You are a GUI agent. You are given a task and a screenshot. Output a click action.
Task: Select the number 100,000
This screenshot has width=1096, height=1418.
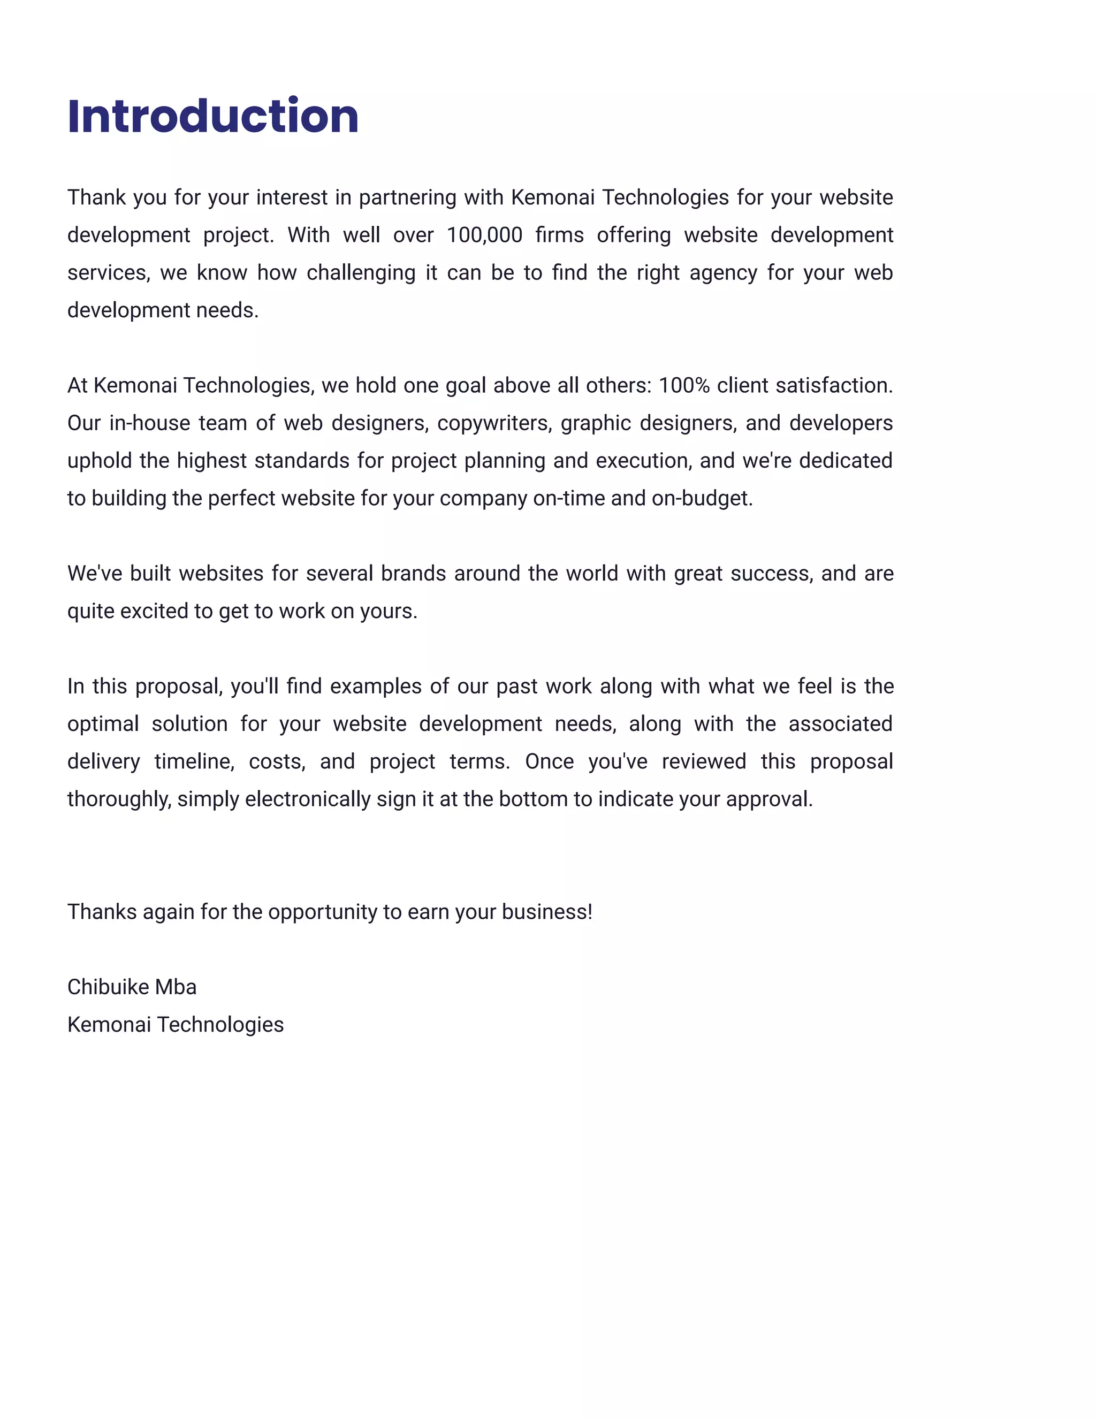(x=484, y=235)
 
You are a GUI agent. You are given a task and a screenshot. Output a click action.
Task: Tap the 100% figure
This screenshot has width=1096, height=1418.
(x=684, y=386)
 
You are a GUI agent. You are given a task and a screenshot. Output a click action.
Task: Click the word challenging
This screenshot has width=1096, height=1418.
(x=361, y=273)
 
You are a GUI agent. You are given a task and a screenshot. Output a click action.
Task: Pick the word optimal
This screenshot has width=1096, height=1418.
(x=103, y=724)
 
